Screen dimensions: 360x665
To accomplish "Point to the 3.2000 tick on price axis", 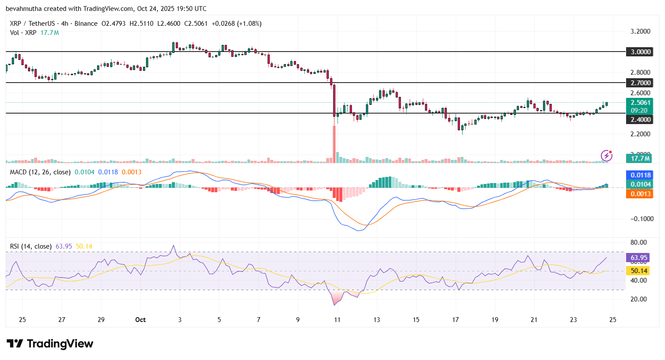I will pyautogui.click(x=640, y=31).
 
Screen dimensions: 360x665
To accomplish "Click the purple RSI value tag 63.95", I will pyautogui.click(x=639, y=258).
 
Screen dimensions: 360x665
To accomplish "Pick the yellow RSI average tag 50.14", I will pyautogui.click(x=639, y=271).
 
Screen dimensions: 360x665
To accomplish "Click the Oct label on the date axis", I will pyautogui.click(x=140, y=320).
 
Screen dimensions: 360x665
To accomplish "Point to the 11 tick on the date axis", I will pyautogui.click(x=337, y=320).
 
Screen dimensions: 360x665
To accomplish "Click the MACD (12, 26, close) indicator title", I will pyautogui.click(x=40, y=172).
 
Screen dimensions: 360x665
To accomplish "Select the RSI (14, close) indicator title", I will pyautogui.click(x=31, y=246).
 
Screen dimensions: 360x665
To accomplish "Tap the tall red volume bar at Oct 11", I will pyautogui.click(x=334, y=144).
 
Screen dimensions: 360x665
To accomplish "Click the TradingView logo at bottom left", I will pyautogui.click(x=50, y=344).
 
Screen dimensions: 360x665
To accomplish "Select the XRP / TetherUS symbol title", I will pyautogui.click(x=32, y=24).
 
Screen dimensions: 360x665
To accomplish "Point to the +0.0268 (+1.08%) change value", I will pyautogui.click(x=237, y=24).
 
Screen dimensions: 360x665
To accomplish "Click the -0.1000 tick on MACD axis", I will pyautogui.click(x=641, y=218).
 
